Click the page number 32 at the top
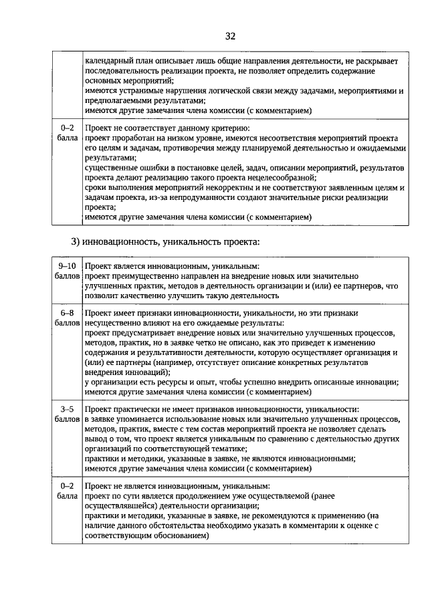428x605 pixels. (230, 35)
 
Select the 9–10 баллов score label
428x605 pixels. (66, 271)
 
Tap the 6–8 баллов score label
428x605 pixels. (66, 318)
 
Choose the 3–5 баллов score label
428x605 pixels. (66, 414)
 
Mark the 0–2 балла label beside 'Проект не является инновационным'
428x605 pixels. (66, 491)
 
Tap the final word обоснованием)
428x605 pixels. (175, 536)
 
